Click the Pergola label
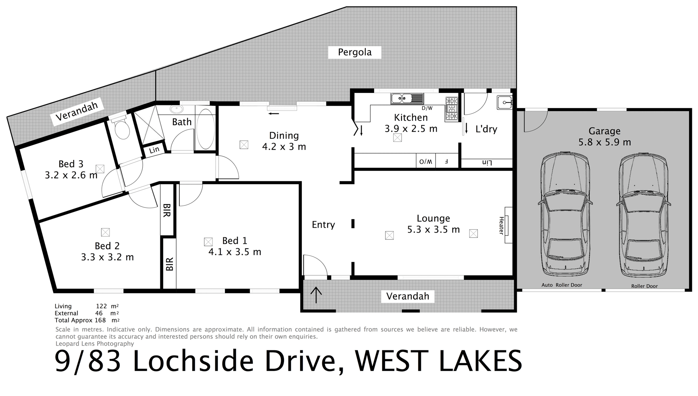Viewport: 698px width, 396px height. click(354, 52)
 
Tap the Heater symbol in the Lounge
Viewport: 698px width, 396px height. click(507, 225)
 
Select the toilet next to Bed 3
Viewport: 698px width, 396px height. click(121, 129)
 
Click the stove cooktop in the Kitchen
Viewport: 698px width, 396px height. click(452, 109)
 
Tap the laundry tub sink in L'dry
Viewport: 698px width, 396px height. click(505, 103)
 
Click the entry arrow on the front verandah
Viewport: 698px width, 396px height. click(316, 295)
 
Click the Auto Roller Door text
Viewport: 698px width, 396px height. click(561, 285)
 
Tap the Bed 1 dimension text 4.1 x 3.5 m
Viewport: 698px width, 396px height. click(235, 252)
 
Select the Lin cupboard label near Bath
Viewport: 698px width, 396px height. click(154, 150)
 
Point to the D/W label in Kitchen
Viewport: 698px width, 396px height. click(427, 108)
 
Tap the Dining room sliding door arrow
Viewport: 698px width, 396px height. click(273, 113)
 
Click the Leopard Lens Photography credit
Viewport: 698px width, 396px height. click(95, 344)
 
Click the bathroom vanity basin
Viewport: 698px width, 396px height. click(177, 109)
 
